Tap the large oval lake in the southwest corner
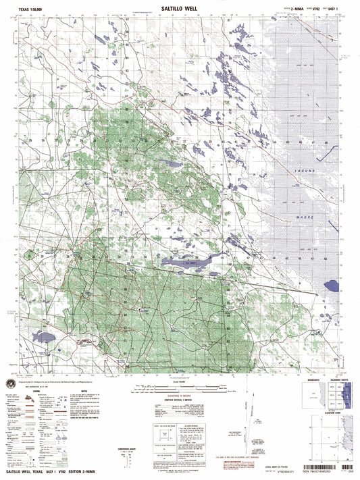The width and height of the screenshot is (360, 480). pyautogui.click(x=47, y=336)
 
